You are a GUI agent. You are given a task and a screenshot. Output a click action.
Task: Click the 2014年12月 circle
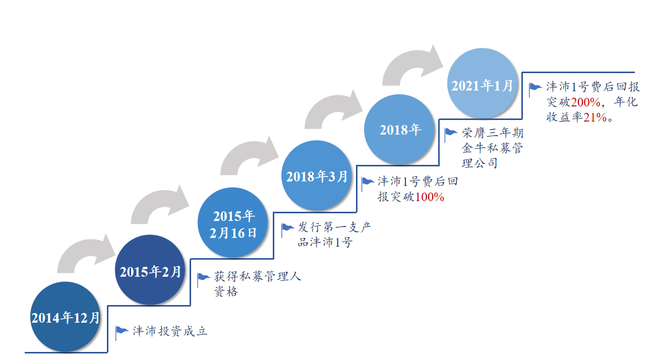pos(66,317)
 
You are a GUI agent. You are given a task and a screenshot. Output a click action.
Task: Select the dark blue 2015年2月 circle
pos(150,270)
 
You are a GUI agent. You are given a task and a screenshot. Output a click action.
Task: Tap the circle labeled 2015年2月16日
pos(233,223)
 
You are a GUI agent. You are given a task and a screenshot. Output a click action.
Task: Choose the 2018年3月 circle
pos(317,175)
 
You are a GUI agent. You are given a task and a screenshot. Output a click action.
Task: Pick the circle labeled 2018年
pos(399,130)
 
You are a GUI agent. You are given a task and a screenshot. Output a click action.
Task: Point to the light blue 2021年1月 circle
pos(482,83)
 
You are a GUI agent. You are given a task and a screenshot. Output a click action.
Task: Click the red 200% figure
pos(585,102)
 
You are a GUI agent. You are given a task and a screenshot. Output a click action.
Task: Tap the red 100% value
pos(430,197)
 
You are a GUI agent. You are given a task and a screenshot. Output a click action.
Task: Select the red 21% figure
pos(595,117)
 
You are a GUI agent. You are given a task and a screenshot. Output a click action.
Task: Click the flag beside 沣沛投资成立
pos(122,333)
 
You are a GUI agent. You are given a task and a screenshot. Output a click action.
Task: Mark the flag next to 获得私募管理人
pos(203,280)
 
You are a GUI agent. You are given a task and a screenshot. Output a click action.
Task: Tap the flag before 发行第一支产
pos(287,230)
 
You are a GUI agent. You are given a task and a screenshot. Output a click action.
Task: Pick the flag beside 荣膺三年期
pos(451,135)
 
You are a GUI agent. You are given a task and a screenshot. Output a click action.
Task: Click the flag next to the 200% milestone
pos(535,89)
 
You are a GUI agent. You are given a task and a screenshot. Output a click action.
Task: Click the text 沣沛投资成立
pos(170,331)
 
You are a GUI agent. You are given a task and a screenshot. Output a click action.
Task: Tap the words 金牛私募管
pos(493,148)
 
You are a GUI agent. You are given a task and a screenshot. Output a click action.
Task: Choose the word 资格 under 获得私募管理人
pos(226,291)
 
